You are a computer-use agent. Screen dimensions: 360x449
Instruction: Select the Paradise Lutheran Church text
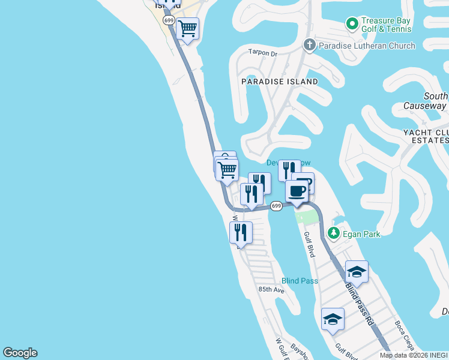click(366, 46)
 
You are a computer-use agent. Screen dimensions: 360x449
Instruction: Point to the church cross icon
click(309, 45)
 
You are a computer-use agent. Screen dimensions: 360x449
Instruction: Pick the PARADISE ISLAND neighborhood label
click(280, 81)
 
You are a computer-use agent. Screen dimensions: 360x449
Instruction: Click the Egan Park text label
click(362, 234)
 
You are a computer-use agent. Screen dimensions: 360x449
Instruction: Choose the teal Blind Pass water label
click(300, 281)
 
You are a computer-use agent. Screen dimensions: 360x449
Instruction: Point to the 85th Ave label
click(271, 289)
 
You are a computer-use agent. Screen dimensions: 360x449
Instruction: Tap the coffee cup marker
click(297, 191)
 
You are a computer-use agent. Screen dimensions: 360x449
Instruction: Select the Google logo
click(20, 353)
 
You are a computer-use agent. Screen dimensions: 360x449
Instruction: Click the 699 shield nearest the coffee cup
click(276, 206)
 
